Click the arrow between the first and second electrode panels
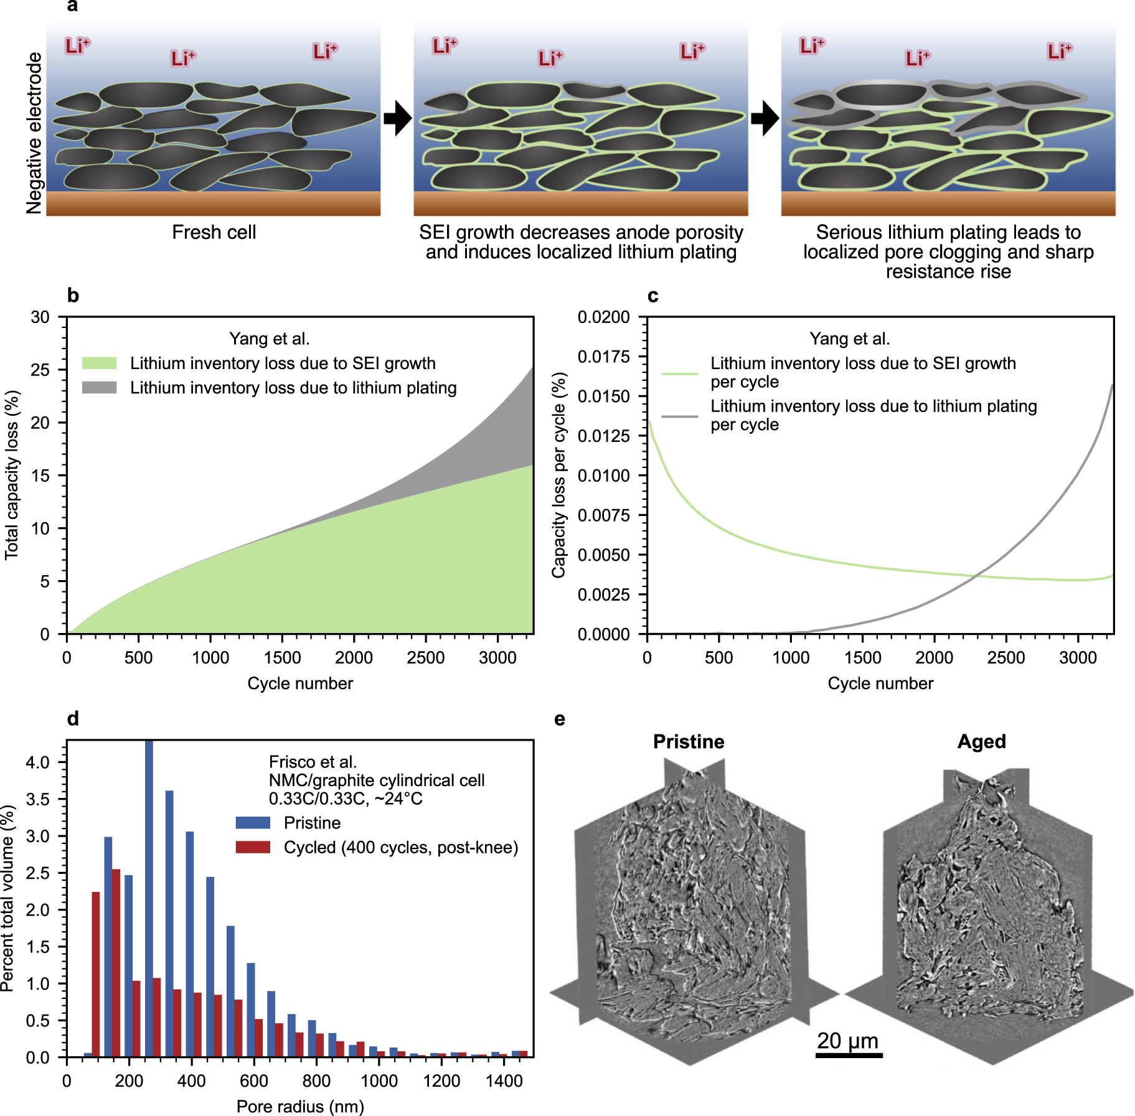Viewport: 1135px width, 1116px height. pos(397,118)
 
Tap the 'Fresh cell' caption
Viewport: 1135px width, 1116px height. pos(214,232)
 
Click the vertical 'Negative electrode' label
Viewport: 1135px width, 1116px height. pos(34,133)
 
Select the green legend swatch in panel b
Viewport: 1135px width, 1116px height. pos(100,363)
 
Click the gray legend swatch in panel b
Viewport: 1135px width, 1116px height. pos(100,388)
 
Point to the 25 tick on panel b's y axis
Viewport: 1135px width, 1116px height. pos(40,370)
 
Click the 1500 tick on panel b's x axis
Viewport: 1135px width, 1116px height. pos(282,657)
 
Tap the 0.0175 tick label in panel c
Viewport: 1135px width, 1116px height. pos(603,357)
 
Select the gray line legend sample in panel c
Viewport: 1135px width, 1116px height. pos(679,416)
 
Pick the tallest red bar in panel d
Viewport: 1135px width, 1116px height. pos(116,962)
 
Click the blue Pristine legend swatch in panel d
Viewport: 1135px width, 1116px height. pos(253,823)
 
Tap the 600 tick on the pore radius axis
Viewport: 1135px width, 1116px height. pos(254,1081)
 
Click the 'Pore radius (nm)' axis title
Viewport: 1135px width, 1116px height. pos(300,1106)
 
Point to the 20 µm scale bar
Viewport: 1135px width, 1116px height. pos(849,1056)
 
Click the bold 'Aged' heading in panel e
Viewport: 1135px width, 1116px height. pos(981,741)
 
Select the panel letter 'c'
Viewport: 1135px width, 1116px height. pos(652,296)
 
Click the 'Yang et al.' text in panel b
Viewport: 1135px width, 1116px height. pos(269,339)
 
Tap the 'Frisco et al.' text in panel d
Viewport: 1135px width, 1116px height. pos(313,762)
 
